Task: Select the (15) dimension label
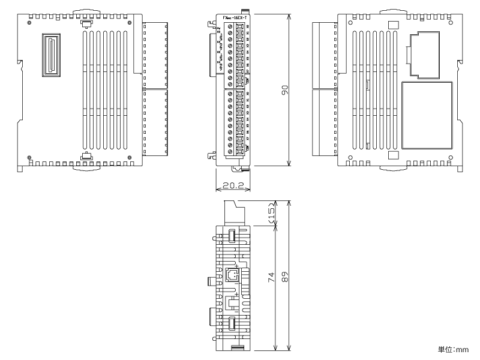pyautogui.click(x=271, y=214)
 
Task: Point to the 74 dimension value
pyautogui.click(x=271, y=277)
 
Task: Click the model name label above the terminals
pyautogui.click(x=236, y=18)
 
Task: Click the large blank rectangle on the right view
pyautogui.click(x=428, y=115)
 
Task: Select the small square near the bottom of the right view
pyautogui.click(x=393, y=155)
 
